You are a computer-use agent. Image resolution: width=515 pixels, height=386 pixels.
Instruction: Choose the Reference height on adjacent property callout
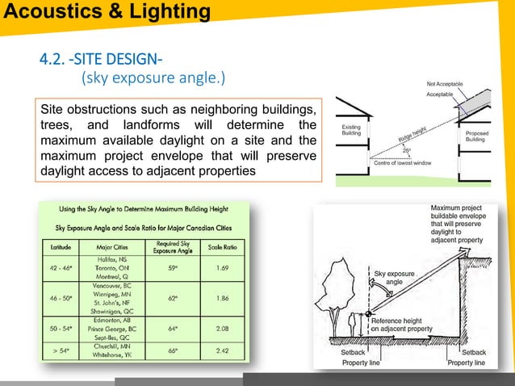click(x=404, y=325)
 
